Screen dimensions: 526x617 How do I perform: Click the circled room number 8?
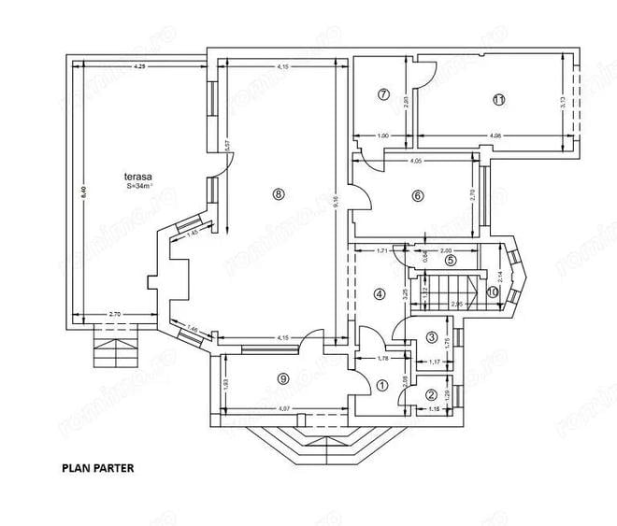(x=277, y=193)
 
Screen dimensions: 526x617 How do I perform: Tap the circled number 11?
(x=499, y=99)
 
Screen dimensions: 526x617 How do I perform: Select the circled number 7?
(x=383, y=93)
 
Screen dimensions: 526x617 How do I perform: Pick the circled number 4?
(x=379, y=293)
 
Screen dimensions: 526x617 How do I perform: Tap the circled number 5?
(x=450, y=261)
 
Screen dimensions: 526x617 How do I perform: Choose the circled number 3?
(x=432, y=337)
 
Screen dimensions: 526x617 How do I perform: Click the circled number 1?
(x=381, y=383)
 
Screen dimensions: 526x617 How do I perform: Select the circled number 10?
(x=493, y=291)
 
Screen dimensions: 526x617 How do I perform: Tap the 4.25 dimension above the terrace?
(x=139, y=66)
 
